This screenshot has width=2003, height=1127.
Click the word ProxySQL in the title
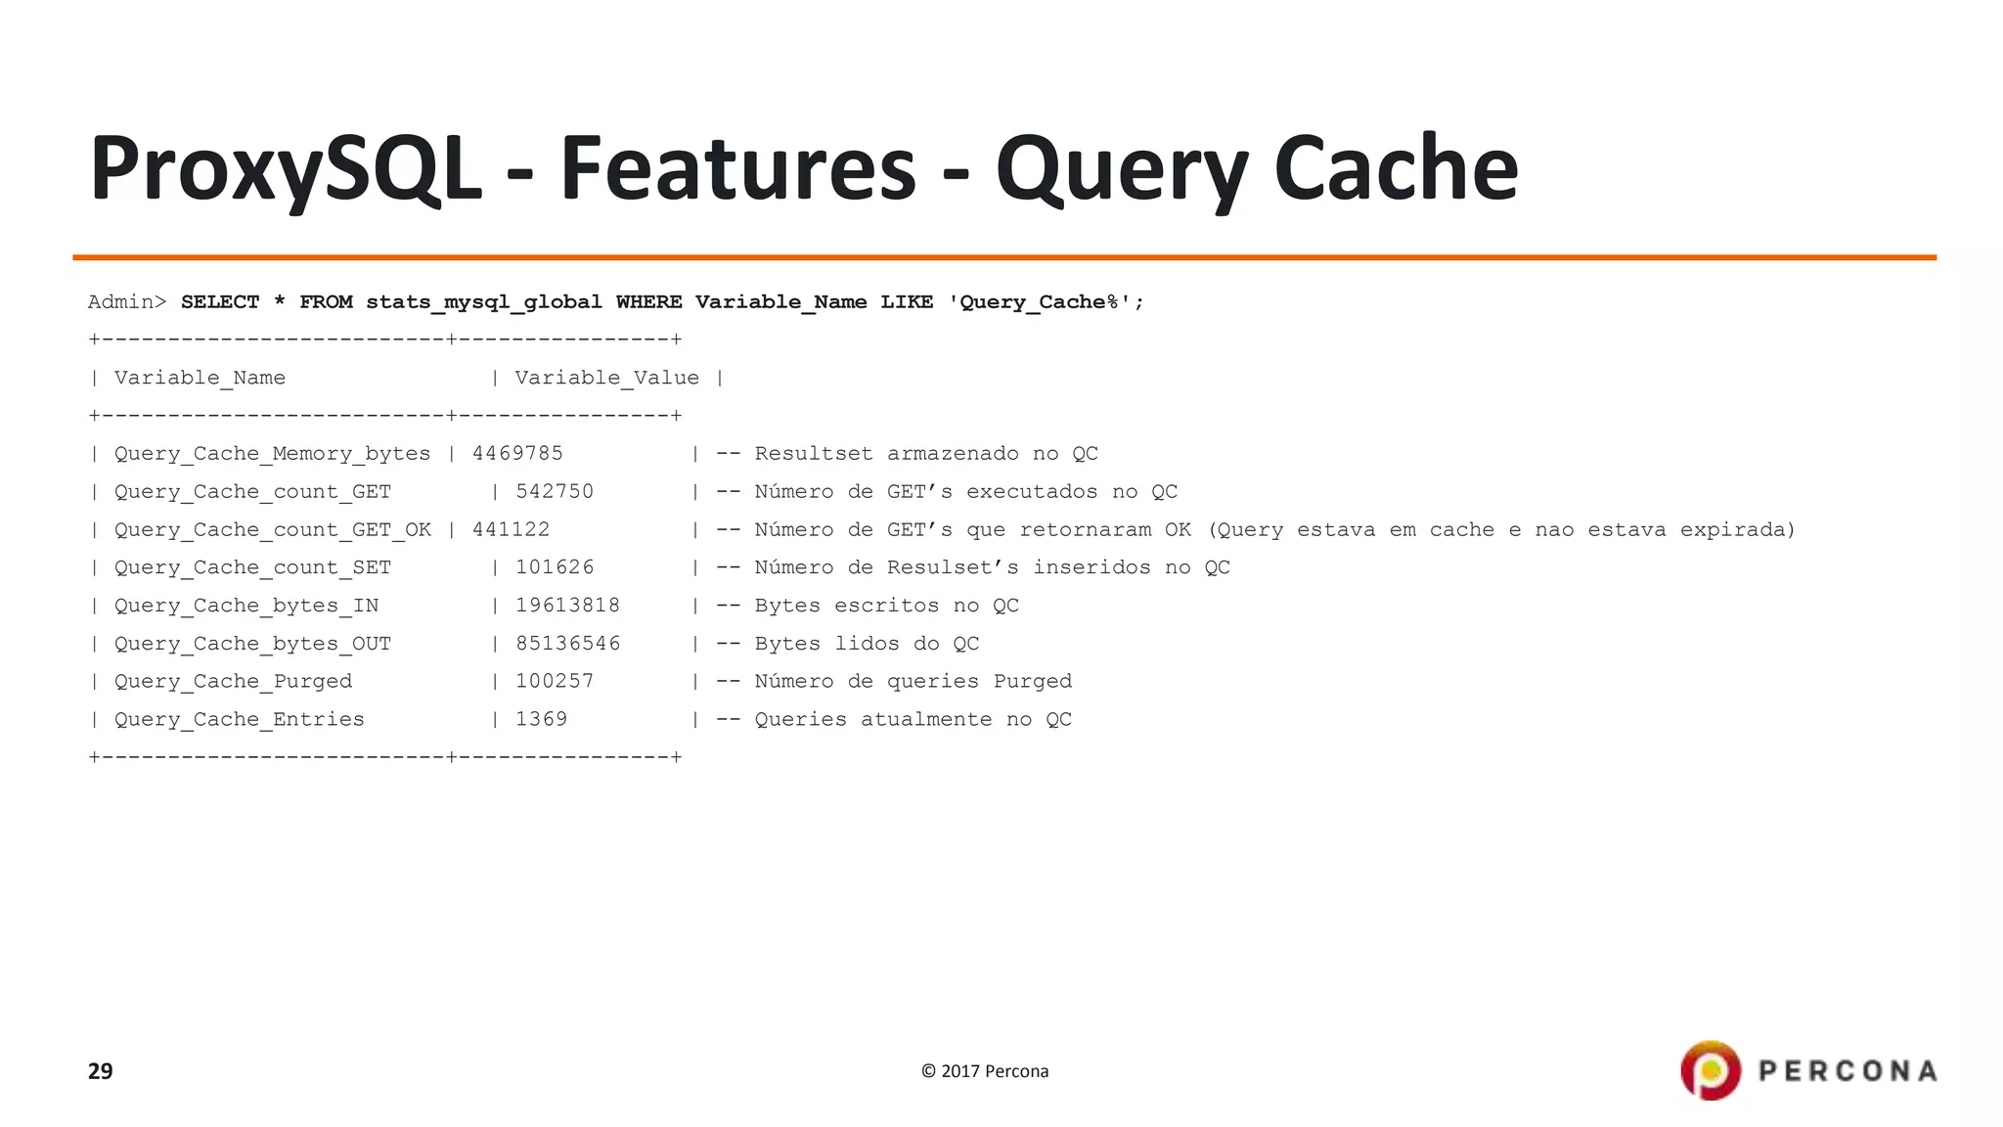[x=286, y=169]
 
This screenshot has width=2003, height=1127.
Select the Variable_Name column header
[x=200, y=378]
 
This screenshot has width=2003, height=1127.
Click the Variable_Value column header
[x=606, y=378]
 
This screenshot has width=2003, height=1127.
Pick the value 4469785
[x=517, y=454]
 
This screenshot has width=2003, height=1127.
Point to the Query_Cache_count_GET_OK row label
[x=272, y=530]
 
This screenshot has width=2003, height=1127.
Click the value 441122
[x=511, y=530]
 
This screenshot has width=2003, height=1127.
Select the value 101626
[x=555, y=567]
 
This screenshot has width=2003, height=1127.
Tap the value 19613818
[x=567, y=606]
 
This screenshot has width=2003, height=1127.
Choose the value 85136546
[x=567, y=644]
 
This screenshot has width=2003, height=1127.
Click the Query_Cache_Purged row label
[x=233, y=681]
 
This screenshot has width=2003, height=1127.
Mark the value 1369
[x=541, y=719]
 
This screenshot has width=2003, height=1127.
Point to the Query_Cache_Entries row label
[x=239, y=719]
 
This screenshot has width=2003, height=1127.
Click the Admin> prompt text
[x=127, y=302]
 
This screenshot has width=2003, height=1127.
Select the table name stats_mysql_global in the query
[x=484, y=302]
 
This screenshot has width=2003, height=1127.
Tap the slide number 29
[x=101, y=1071]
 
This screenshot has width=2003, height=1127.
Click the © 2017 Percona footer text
[x=985, y=1071]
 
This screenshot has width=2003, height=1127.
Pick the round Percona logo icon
[x=1711, y=1070]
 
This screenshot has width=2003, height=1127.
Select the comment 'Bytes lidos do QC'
[x=867, y=644]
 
